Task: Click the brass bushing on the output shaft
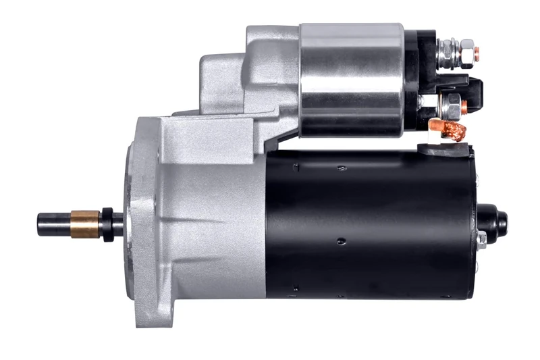[x=85, y=223]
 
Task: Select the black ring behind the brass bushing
[x=106, y=223]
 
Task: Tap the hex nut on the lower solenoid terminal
[x=454, y=105]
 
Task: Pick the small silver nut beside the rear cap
[x=481, y=238]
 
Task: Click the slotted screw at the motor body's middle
[x=342, y=240]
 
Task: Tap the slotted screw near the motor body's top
[x=342, y=168]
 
